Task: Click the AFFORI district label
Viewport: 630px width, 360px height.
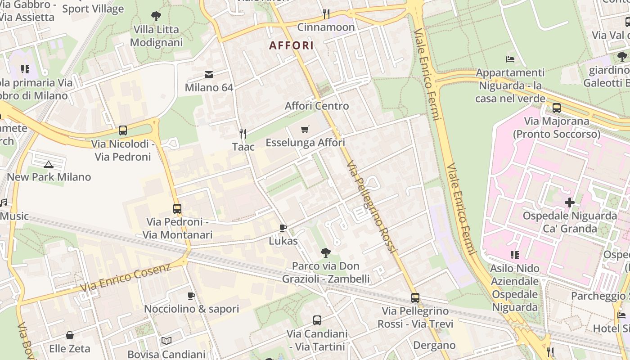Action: point(291,45)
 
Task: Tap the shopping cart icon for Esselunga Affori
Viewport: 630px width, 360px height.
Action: point(305,130)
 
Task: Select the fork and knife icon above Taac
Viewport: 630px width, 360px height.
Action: point(243,133)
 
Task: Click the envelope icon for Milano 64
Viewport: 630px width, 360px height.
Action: point(209,74)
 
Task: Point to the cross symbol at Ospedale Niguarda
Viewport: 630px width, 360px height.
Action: point(570,202)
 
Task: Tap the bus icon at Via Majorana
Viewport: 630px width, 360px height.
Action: point(557,108)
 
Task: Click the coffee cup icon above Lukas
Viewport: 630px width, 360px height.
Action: point(283,228)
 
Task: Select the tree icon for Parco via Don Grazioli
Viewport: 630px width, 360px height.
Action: point(326,253)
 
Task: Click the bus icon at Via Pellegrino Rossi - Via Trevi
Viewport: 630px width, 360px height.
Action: point(415,298)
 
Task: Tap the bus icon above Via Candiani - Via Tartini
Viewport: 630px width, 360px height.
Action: point(317,320)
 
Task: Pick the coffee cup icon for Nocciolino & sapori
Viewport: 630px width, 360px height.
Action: point(191,296)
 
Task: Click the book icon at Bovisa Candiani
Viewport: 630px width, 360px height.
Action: point(166,341)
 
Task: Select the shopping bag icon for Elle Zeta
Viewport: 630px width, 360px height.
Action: point(70,335)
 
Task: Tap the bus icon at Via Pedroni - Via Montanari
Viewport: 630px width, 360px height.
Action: point(177,209)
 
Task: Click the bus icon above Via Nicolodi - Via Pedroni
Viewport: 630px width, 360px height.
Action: point(122,130)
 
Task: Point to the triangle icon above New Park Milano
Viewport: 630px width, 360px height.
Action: point(49,164)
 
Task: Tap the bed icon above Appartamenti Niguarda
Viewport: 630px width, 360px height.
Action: point(510,59)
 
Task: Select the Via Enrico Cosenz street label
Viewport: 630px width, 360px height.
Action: point(126,278)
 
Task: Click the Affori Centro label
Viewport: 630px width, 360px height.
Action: point(317,106)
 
